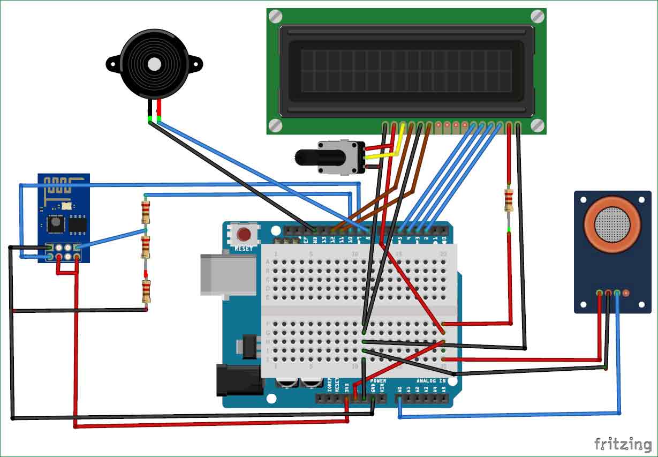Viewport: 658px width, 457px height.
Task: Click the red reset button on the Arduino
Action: [x=245, y=235]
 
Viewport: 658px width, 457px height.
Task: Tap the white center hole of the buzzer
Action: [x=155, y=65]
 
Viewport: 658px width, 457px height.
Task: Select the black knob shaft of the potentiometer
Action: [x=307, y=157]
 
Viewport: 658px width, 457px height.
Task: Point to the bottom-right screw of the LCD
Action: [x=538, y=125]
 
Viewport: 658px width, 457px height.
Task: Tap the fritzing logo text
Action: [x=623, y=444]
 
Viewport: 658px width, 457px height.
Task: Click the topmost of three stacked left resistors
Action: [x=145, y=211]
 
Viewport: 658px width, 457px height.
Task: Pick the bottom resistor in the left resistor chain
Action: [x=145, y=292]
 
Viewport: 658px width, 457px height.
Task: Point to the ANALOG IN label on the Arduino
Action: [x=431, y=381]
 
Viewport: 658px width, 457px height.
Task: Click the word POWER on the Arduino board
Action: [x=378, y=381]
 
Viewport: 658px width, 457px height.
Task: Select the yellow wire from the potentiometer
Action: [x=385, y=152]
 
